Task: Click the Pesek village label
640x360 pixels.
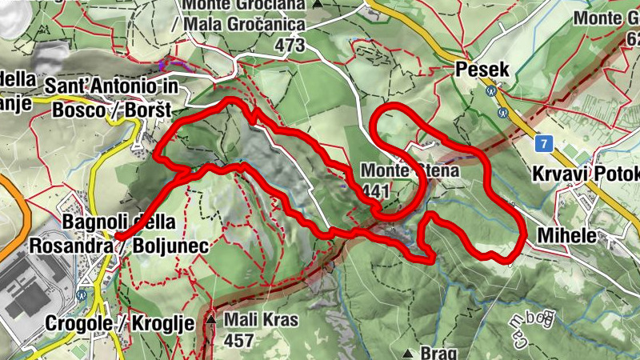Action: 482,70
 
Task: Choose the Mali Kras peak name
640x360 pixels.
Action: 260,321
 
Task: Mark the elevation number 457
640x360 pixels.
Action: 238,341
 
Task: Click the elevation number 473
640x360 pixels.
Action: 289,46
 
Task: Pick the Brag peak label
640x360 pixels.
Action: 438,353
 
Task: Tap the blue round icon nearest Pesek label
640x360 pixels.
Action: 490,91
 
